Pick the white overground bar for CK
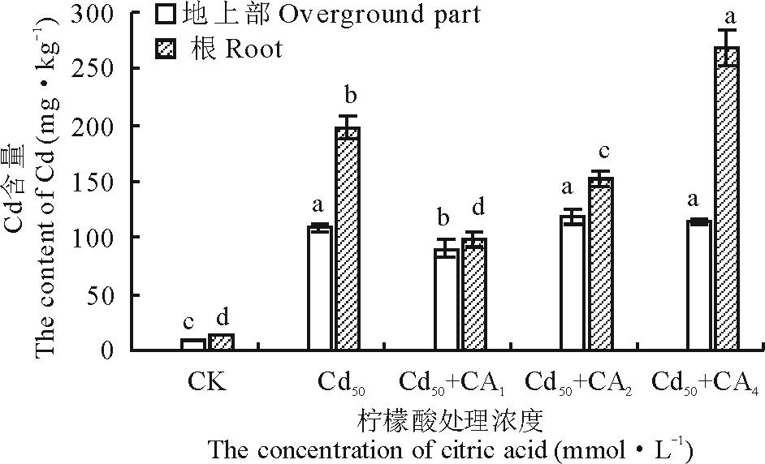click(x=193, y=345)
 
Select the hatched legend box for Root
click(x=166, y=49)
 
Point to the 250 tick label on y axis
click(x=103, y=69)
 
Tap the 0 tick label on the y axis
click(x=113, y=350)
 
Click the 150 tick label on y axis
click(x=103, y=182)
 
